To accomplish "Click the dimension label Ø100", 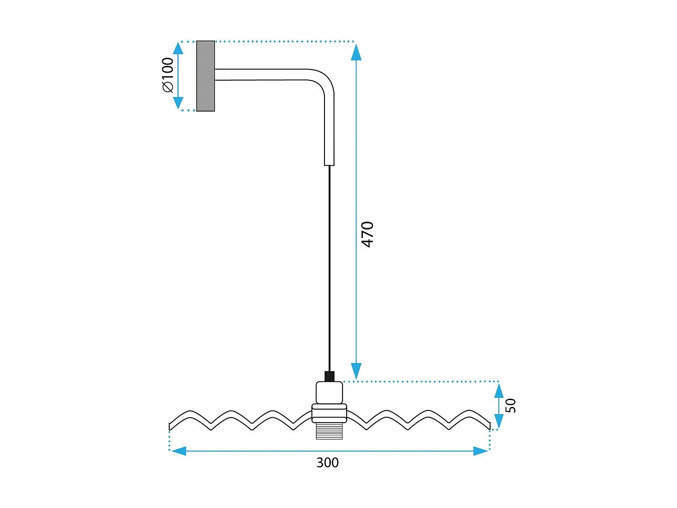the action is coord(168,75).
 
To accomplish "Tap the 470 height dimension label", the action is coord(367,234).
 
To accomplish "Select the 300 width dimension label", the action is coord(328,463).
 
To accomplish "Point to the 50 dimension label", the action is coord(511,405).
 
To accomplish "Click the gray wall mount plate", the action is coord(206,76).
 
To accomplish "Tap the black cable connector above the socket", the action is coord(329,376).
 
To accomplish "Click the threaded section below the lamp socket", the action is coord(329,431).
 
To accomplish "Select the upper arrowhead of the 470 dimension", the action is coord(356,52).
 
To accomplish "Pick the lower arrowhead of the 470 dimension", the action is coord(356,371).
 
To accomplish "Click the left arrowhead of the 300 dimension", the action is coord(179,451).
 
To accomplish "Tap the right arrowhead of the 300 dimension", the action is coord(481,451).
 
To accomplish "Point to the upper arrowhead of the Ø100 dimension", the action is coord(178,48).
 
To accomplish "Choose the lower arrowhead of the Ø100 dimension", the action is coord(178,103).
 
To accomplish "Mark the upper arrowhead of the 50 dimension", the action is coord(499,391).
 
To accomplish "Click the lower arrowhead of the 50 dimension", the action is coord(499,421).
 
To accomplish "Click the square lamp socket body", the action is coord(329,393).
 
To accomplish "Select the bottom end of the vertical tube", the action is coord(329,165).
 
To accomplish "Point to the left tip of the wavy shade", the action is coord(170,427).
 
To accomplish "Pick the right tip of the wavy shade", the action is coord(490,426).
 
